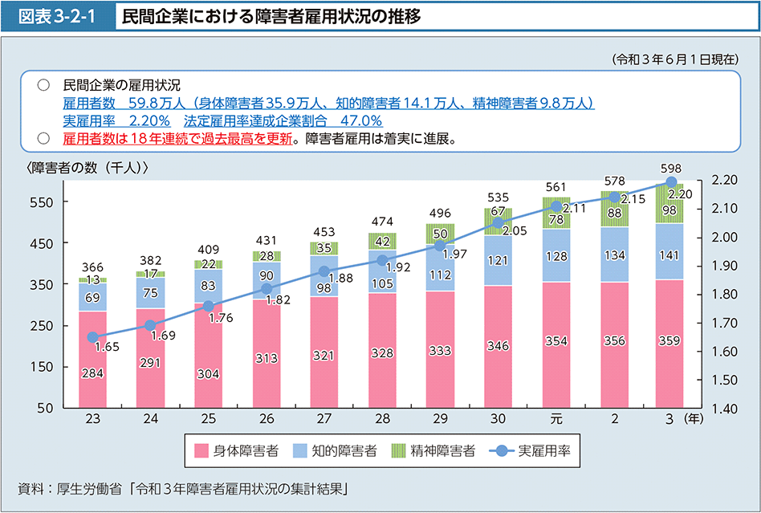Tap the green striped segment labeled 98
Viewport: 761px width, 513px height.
[671, 209]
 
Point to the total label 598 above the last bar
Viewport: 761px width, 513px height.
[671, 168]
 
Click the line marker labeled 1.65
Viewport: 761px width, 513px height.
[92, 338]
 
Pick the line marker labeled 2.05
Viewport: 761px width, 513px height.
[498, 223]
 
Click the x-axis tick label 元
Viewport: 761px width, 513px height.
[555, 420]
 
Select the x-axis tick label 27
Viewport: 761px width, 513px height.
[324, 420]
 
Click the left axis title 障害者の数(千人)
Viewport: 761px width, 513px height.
[88, 167]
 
